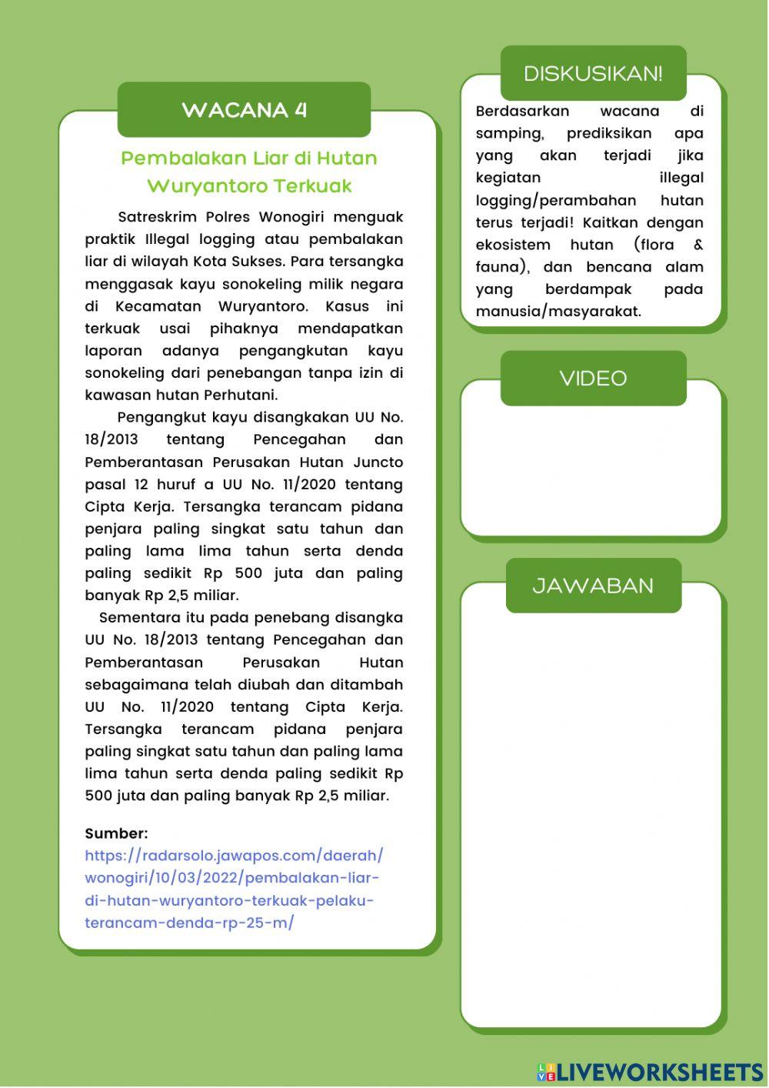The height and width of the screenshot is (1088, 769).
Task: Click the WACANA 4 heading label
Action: [x=244, y=110]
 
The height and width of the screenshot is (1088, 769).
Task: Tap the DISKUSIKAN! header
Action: [x=592, y=74]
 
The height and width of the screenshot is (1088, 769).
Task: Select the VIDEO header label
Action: [x=593, y=379]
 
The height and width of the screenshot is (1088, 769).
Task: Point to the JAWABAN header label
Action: [x=593, y=586]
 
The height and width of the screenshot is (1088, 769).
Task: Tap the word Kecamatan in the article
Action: [x=158, y=306]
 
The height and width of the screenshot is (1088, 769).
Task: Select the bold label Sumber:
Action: [x=116, y=833]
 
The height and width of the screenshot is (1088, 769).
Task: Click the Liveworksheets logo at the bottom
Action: [x=650, y=1072]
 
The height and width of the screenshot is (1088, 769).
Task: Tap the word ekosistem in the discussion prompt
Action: [x=513, y=245]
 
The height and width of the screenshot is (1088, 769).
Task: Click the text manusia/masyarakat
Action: [x=558, y=312]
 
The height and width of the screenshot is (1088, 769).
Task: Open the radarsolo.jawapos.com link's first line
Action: [x=234, y=856]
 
